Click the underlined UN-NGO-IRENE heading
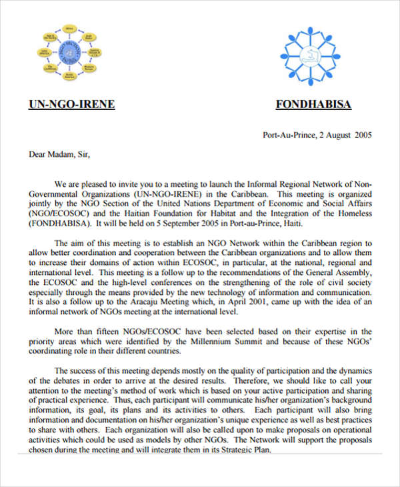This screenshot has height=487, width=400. click(72, 104)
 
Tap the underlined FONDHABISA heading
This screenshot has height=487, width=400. click(313, 104)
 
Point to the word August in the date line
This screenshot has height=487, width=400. click(334, 135)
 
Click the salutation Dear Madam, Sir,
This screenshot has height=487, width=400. click(59, 155)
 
